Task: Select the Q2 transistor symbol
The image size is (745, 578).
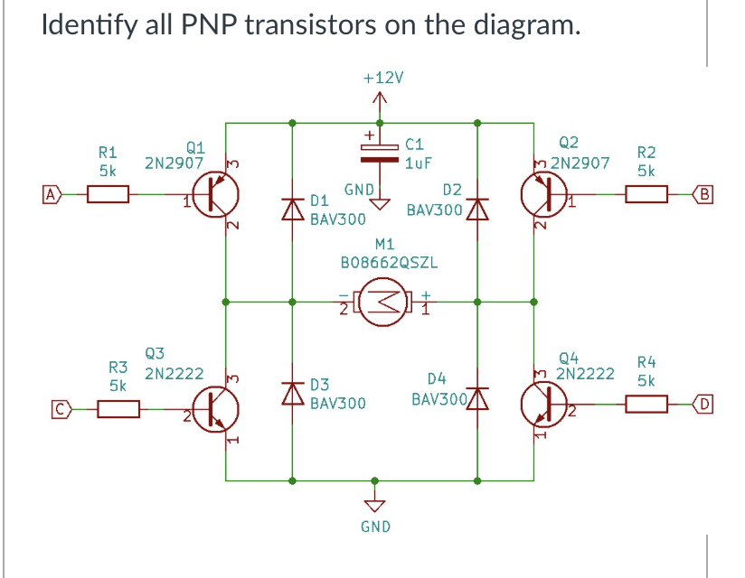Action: click(542, 192)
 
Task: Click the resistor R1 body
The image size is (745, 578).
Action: click(108, 192)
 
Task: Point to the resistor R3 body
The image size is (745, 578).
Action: click(118, 408)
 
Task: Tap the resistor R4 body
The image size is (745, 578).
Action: click(646, 407)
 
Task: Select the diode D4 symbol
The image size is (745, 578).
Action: click(478, 397)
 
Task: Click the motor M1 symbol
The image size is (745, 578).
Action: click(382, 299)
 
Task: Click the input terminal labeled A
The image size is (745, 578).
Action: click(52, 192)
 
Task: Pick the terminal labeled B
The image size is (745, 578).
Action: click(705, 191)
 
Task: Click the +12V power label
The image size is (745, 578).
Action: click(381, 79)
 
